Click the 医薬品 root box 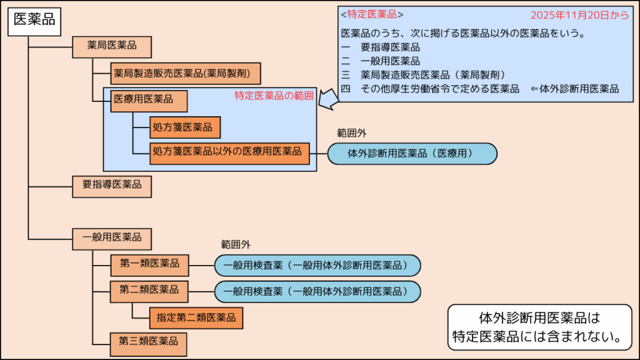(34, 20)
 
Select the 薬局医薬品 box (112, 46)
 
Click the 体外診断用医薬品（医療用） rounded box (412, 153)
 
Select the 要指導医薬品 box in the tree (112, 185)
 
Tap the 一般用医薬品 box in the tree (112, 238)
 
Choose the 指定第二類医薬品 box (196, 317)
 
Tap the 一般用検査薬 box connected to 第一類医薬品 (317, 266)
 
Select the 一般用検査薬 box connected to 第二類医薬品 (317, 292)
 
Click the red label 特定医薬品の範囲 (274, 96)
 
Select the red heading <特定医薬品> (372, 14)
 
